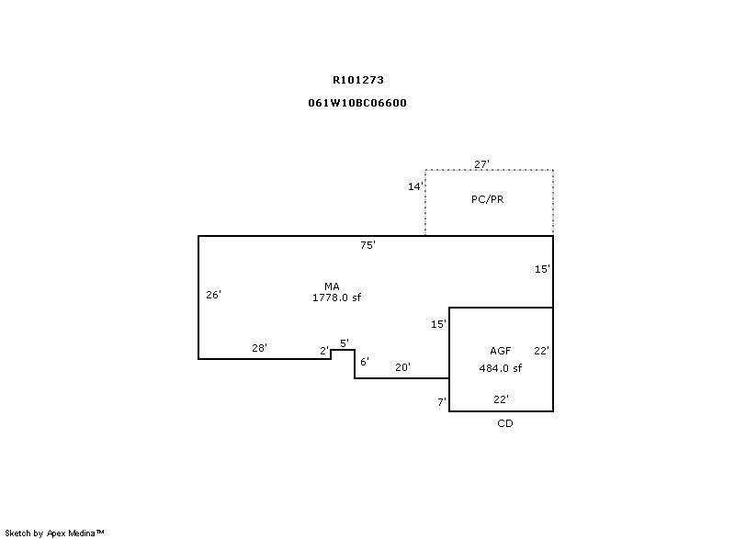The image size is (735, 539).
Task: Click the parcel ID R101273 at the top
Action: point(357,80)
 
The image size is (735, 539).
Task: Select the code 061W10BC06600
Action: point(357,103)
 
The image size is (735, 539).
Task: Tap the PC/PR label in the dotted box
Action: point(487,199)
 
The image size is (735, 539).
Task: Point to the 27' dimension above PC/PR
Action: point(481,164)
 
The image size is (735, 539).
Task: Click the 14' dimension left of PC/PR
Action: point(415,186)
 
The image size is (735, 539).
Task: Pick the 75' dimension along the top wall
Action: point(367,245)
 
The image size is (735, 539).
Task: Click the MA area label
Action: point(332,286)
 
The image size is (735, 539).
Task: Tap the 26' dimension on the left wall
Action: point(213,295)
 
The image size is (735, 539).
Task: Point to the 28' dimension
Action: point(259,348)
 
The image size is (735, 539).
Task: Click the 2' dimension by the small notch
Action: point(323,351)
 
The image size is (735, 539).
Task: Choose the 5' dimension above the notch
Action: point(344,343)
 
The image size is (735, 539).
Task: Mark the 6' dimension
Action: point(364,362)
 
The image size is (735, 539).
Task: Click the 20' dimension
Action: point(402,367)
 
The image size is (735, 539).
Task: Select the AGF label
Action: point(500,351)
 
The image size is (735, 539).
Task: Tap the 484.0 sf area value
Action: point(500,368)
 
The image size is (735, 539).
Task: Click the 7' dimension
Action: point(441,402)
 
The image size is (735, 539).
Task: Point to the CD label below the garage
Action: point(504,423)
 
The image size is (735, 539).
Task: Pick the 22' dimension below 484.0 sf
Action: point(501,399)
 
